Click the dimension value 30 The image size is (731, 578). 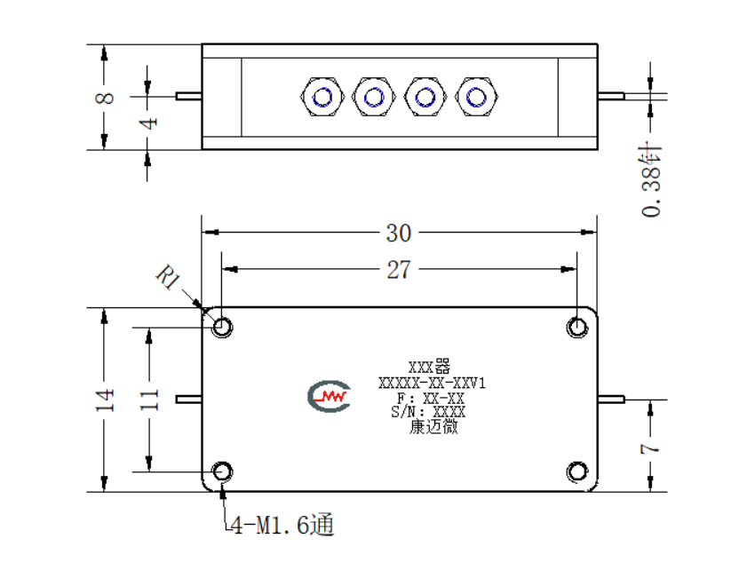point(399,233)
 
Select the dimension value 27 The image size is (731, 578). point(399,270)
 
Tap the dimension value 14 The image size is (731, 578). point(105,400)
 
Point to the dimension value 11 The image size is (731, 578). point(149,400)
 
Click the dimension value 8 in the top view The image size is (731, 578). point(105,98)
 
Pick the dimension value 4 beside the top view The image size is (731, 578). point(148,123)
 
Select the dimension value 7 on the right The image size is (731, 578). point(649,448)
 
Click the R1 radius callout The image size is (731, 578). point(168,277)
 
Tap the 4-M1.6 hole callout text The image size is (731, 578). point(282,526)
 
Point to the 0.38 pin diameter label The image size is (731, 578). point(651,179)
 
